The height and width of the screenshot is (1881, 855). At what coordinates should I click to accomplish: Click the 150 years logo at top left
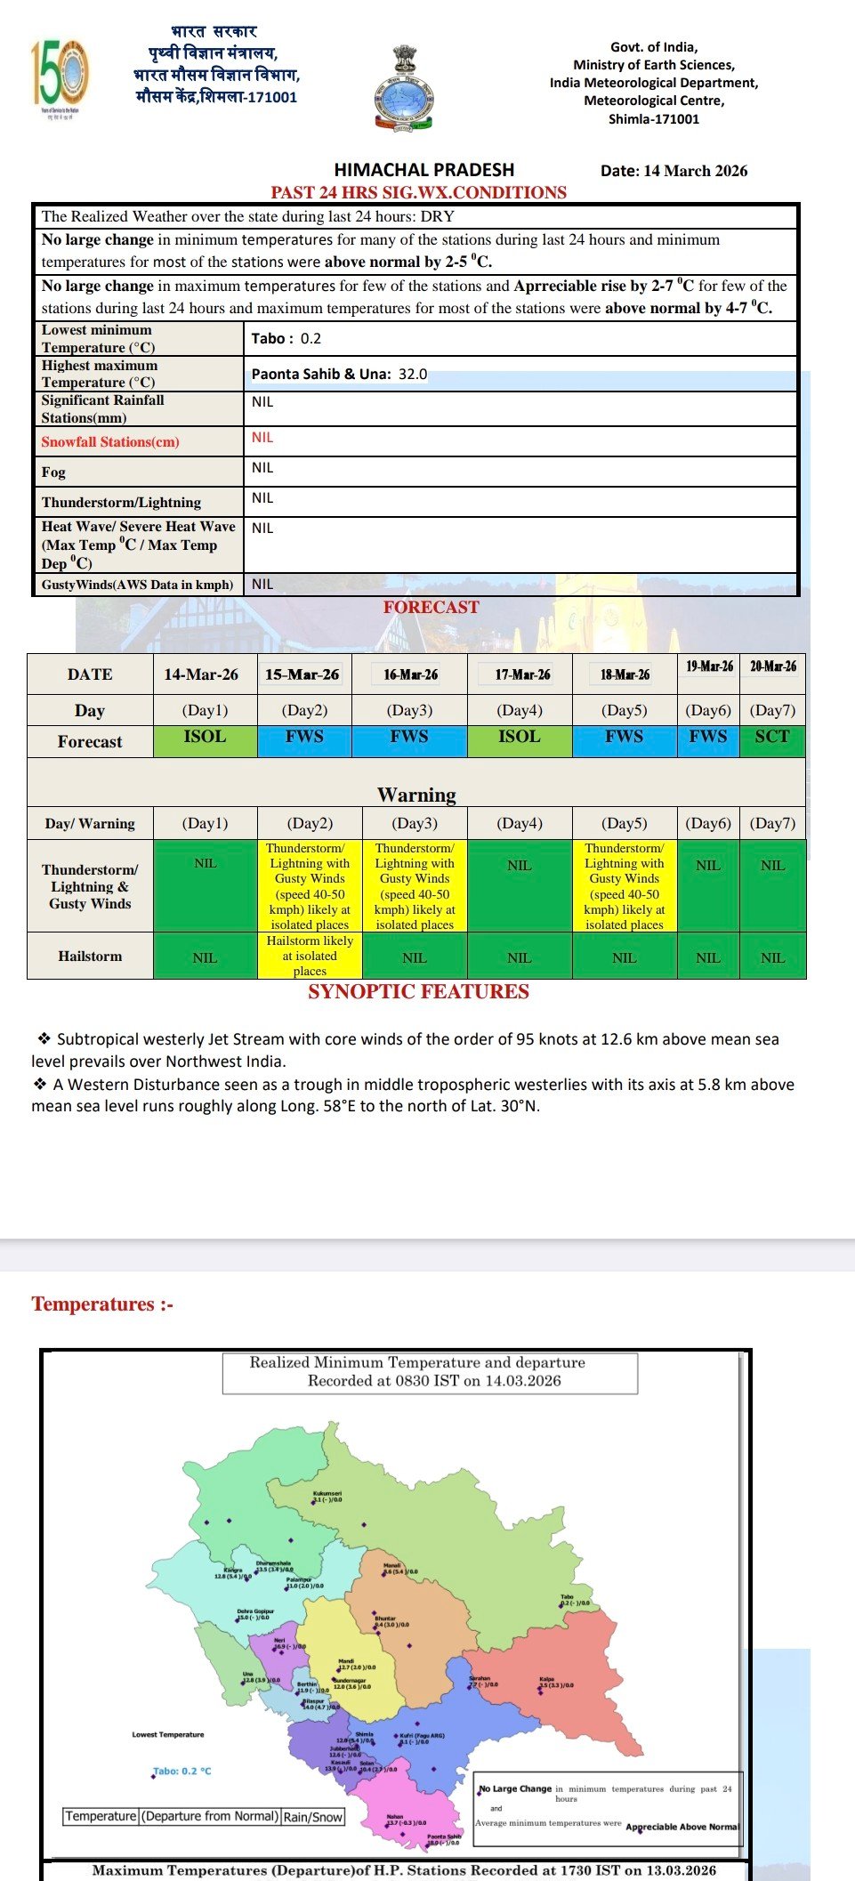[x=60, y=77]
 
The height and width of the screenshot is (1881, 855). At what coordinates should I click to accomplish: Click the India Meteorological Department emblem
[x=403, y=89]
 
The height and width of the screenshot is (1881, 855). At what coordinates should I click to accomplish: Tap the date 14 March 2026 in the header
[x=674, y=171]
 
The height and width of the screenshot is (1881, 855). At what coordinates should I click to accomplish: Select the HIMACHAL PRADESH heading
[x=423, y=170]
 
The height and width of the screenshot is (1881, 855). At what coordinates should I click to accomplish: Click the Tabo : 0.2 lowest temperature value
[x=286, y=339]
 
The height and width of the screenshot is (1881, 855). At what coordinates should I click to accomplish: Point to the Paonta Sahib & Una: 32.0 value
[x=339, y=374]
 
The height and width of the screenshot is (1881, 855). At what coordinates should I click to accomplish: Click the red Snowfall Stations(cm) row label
[x=110, y=442]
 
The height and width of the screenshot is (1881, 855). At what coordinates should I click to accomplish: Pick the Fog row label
[x=53, y=472]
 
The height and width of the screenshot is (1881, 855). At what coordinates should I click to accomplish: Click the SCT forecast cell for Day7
[x=772, y=738]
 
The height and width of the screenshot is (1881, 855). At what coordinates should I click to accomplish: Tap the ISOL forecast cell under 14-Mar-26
[x=205, y=738]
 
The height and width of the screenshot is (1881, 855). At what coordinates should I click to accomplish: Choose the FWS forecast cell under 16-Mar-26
[x=409, y=738]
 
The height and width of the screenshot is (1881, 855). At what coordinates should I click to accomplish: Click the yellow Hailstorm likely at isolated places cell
[x=310, y=956]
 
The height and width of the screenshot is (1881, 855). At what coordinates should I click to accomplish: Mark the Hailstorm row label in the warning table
[x=90, y=956]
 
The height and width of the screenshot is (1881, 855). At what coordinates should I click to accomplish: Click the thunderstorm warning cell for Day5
[x=625, y=886]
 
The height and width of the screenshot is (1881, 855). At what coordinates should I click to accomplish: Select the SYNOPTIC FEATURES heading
[x=418, y=992]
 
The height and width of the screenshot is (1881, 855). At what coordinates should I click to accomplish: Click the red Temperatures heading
[x=102, y=1304]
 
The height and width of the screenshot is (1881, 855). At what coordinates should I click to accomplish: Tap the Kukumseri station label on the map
[x=327, y=1496]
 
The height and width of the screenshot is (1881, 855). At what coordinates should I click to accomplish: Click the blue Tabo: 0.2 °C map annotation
[x=182, y=1772]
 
